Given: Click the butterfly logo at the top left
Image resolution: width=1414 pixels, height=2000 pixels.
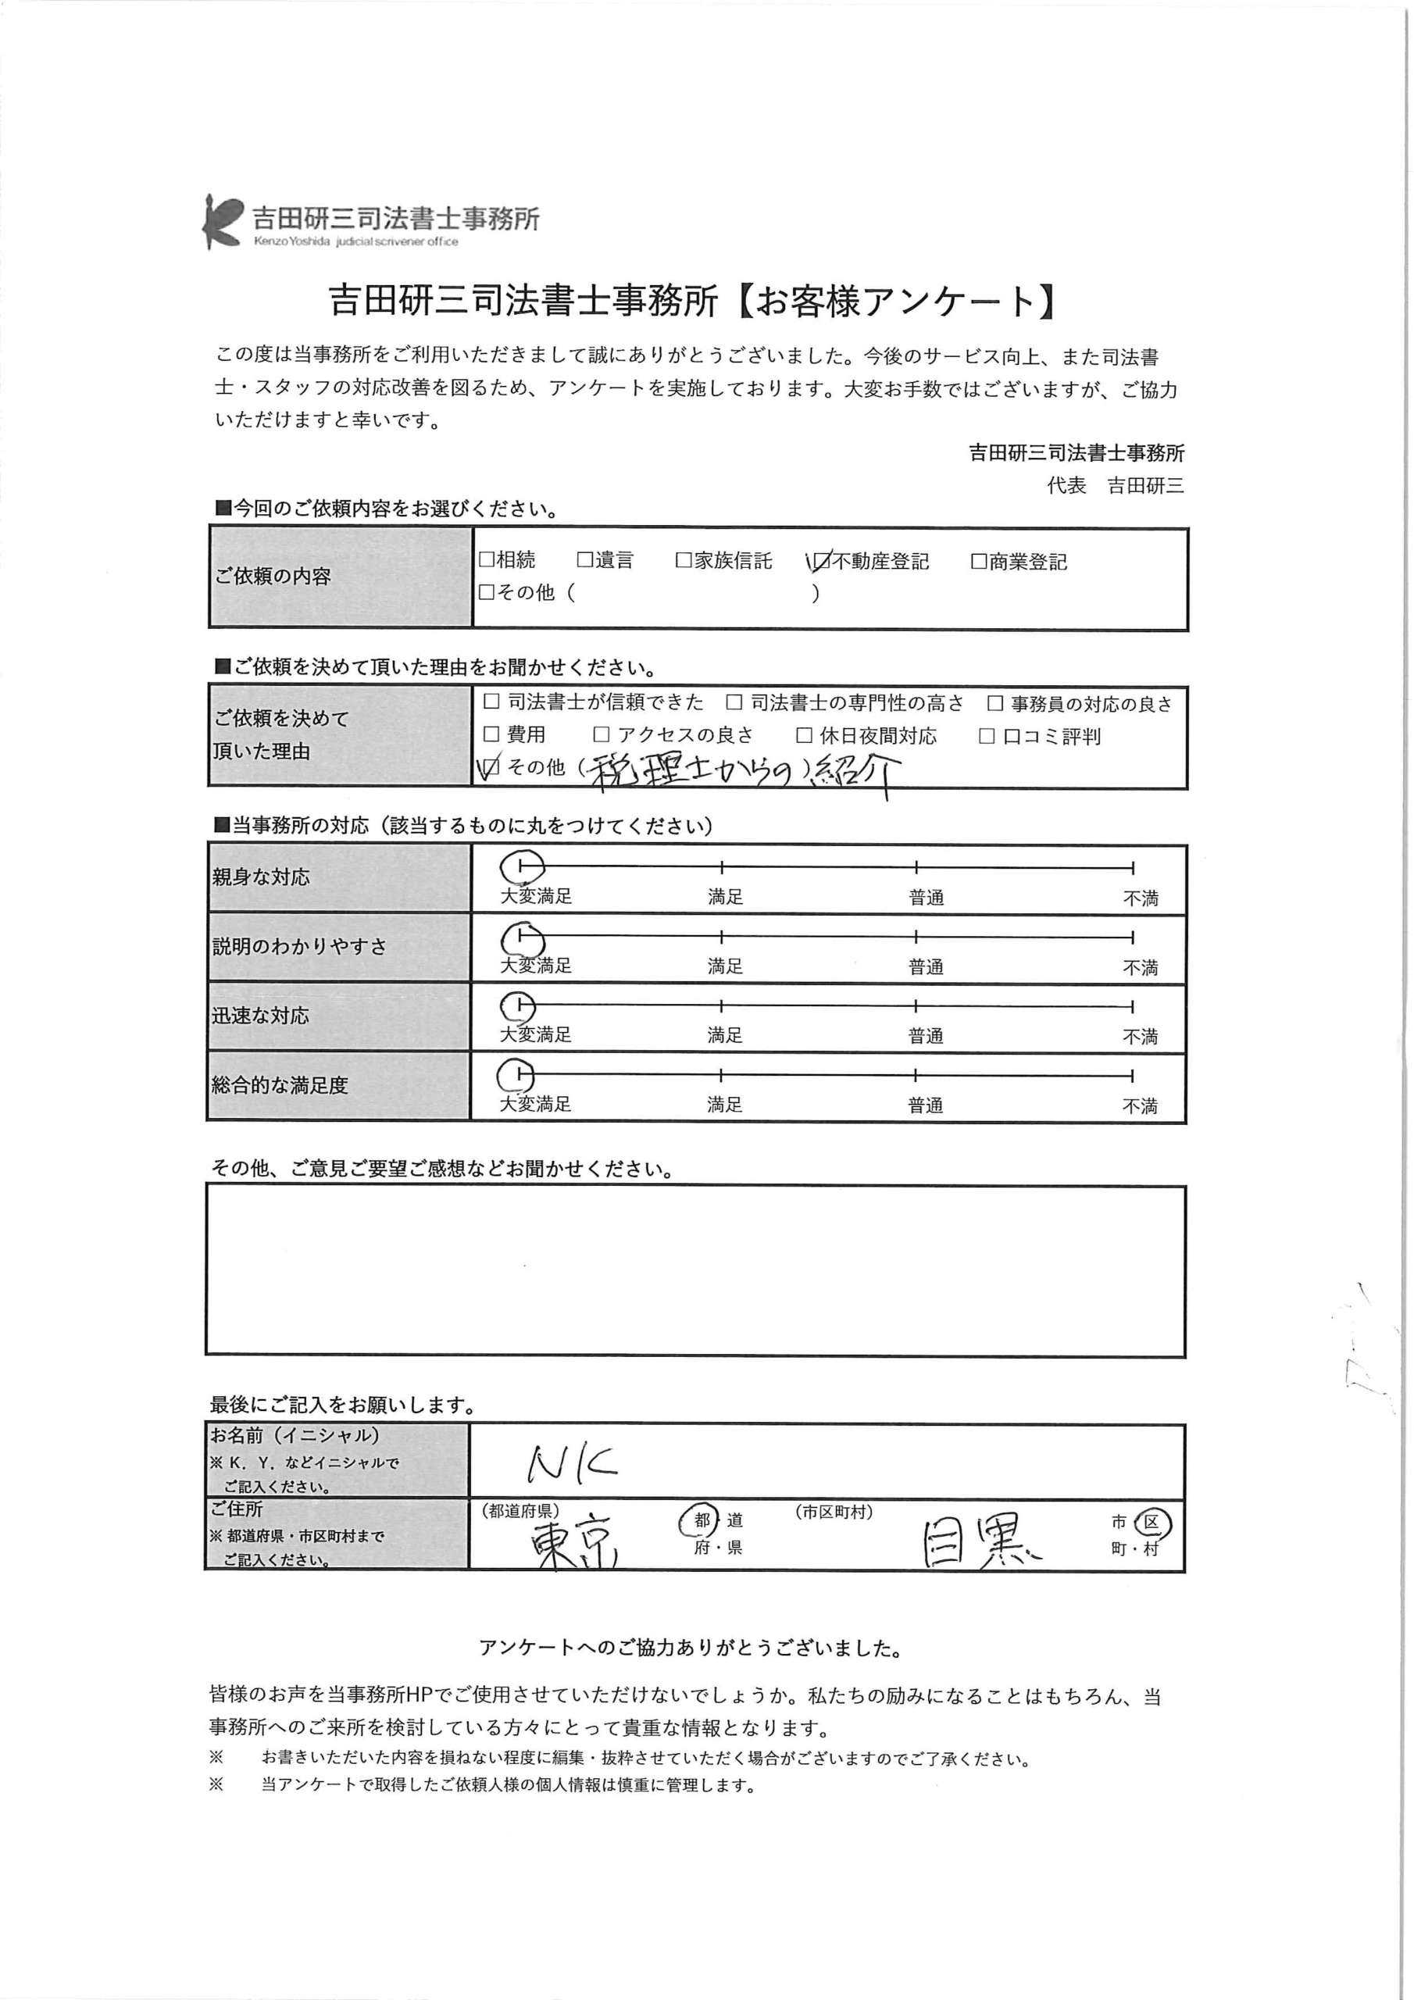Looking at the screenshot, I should (221, 221).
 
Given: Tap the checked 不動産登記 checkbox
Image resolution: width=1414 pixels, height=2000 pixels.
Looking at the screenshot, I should (821, 562).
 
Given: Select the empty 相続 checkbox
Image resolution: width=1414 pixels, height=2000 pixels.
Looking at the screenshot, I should (487, 560).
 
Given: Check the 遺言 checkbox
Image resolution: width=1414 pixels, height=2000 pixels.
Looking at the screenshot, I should (584, 560).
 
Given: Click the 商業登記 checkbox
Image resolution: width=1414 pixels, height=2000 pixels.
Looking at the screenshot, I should (978, 562).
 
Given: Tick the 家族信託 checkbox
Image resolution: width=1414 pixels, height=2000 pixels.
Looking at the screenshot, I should (684, 561).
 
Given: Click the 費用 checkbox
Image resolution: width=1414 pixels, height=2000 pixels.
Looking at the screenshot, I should (491, 734).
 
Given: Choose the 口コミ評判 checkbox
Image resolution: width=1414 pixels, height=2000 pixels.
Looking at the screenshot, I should (987, 737).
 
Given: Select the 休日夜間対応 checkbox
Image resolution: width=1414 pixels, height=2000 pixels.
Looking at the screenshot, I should (804, 736).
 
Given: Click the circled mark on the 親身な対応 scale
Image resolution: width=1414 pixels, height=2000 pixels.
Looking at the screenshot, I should (522, 866).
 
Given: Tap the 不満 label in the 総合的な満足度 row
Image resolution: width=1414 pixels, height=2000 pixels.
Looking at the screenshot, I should (1140, 1106).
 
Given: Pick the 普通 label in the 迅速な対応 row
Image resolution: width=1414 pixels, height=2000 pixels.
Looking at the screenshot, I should (925, 1037).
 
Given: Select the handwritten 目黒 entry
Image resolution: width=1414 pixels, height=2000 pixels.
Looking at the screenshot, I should (980, 1545).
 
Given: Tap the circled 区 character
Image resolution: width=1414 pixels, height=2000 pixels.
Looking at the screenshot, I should (1152, 1523).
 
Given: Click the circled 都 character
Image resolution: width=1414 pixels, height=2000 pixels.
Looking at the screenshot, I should (702, 1521).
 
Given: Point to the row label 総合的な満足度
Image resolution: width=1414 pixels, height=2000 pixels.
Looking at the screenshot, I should (280, 1085).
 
